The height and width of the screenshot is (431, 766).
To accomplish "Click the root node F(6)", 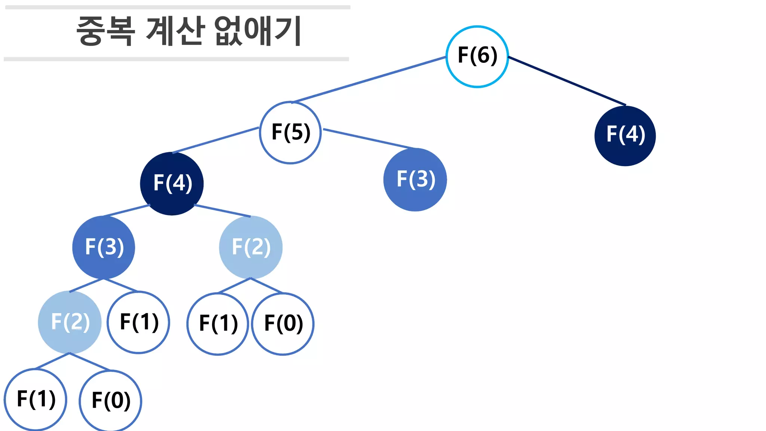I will coord(477,56).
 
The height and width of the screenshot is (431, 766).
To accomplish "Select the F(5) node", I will coord(290,132).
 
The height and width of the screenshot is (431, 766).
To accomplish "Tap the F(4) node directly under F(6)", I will coord(625,135).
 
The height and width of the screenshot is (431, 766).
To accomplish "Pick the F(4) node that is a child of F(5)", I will coord(172,183).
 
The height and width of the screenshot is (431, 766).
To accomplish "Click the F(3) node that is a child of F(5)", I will coord(415,180).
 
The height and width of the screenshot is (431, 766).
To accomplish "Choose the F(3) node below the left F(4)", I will coord(104,247).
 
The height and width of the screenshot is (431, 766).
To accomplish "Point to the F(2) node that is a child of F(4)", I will coord(251,247).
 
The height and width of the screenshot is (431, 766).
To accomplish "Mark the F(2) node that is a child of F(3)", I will coord(70,322).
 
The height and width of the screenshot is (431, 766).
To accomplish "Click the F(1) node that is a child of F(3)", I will coord(138,322).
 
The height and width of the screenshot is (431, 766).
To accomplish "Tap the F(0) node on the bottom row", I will coord(111,401).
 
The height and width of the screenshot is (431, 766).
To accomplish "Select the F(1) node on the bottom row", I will coord(36,399).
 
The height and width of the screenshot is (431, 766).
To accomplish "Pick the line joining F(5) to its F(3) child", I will coord(368,139).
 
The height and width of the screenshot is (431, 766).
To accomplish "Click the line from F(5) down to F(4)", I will coord(215,140).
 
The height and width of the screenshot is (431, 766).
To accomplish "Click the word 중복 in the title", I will coord(105,31).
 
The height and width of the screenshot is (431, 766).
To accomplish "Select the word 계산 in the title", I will coord(175,31).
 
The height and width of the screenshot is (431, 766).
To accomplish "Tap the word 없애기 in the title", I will coord(258,31).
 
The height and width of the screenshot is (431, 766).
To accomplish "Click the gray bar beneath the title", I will coord(176,59).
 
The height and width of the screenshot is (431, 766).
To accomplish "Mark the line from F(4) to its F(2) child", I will coord(223,211).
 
